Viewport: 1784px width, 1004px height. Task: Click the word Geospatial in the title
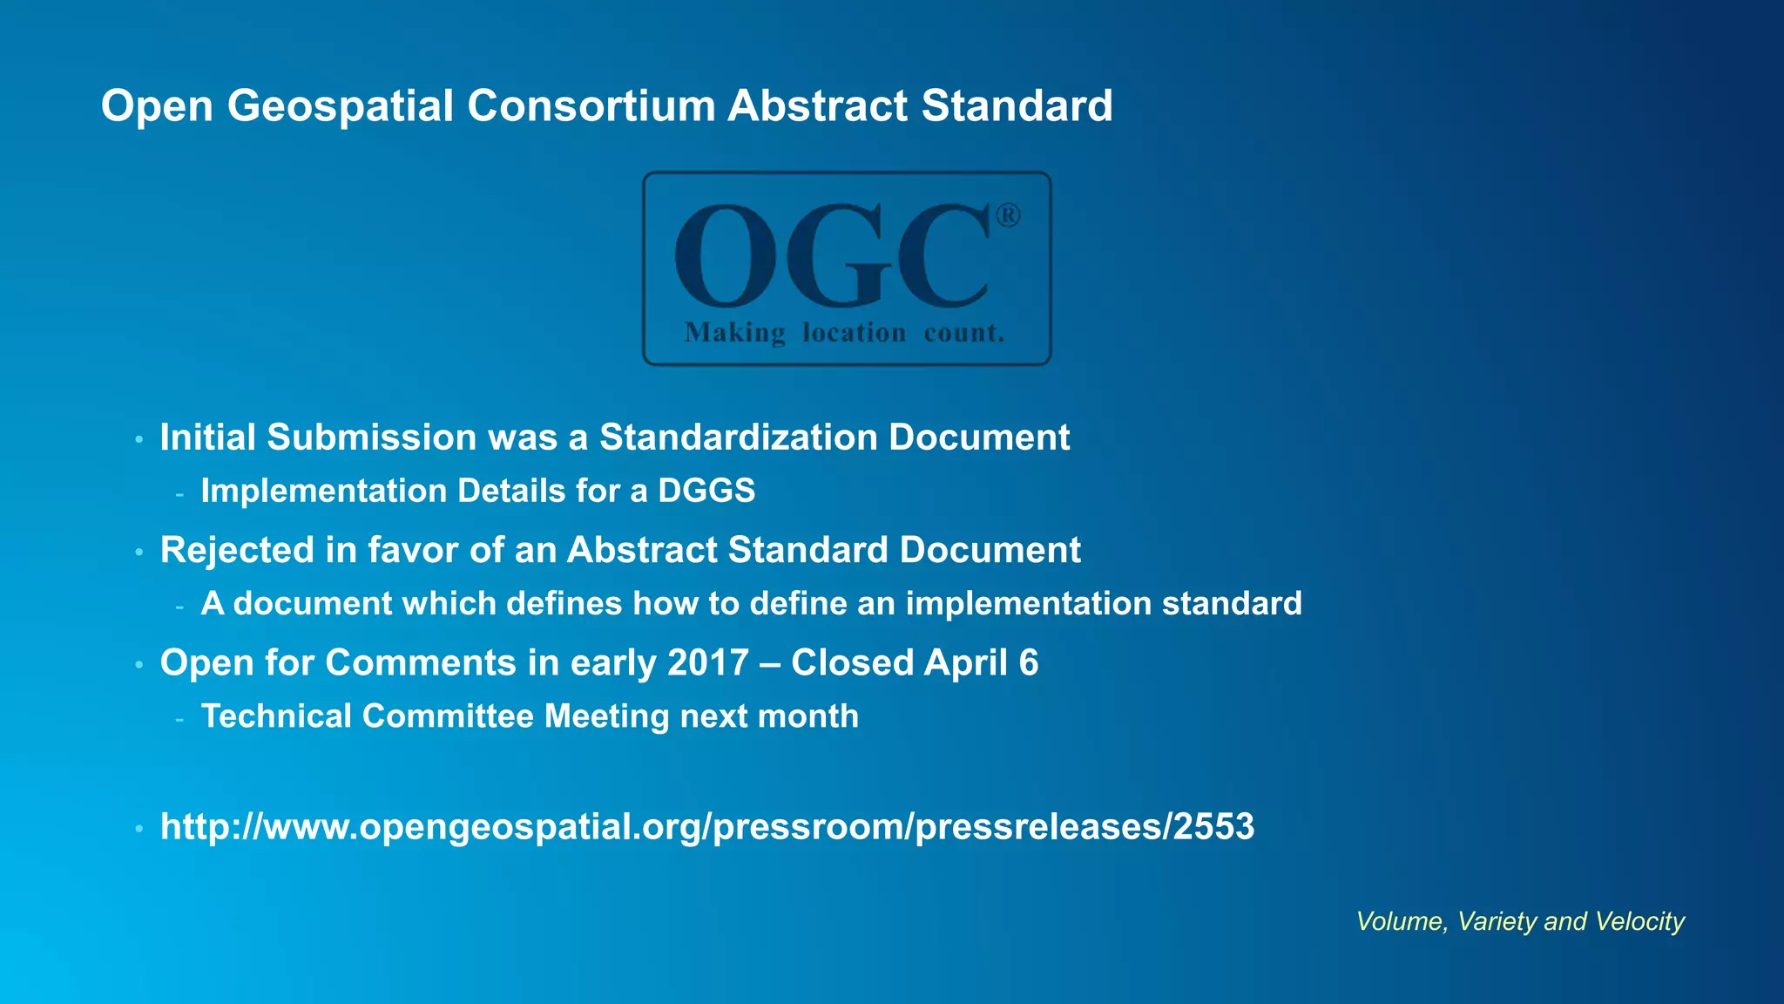(340, 106)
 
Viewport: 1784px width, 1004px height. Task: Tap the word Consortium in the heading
(591, 106)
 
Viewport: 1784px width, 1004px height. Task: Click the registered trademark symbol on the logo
(1008, 215)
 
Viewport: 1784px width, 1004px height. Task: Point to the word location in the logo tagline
(854, 333)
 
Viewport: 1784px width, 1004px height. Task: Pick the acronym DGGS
(706, 491)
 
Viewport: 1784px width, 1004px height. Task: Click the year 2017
(708, 662)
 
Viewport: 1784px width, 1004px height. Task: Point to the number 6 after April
(1029, 662)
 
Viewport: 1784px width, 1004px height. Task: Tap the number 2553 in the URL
(1213, 826)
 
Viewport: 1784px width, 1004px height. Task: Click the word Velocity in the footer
(1640, 921)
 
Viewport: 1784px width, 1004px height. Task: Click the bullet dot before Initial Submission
(139, 439)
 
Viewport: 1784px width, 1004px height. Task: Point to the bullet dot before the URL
(139, 829)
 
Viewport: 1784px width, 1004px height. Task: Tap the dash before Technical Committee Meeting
(179, 719)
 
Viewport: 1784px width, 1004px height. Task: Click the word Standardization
(738, 438)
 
